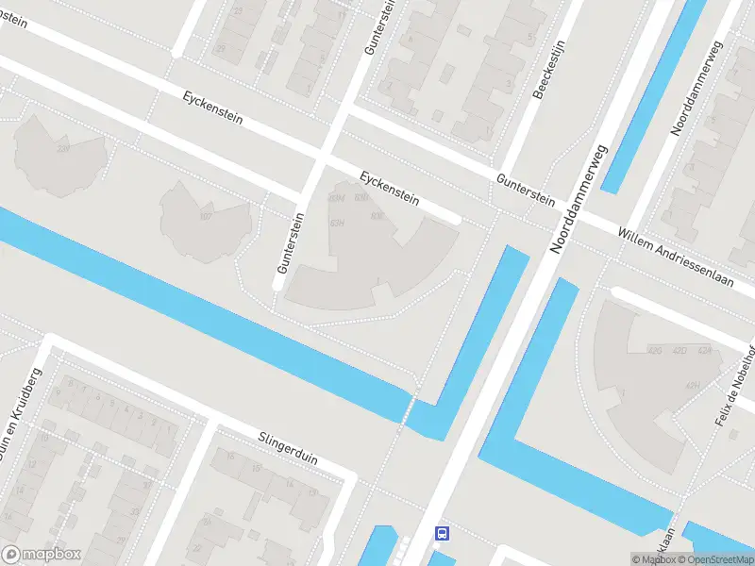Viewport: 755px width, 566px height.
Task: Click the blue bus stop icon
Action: coord(441,533)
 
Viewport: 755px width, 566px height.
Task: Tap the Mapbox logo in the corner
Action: coord(42,555)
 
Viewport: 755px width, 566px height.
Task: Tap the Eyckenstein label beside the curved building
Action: coord(389,186)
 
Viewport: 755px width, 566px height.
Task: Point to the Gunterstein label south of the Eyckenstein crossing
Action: coord(290,242)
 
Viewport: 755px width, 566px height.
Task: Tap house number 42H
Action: coord(693,385)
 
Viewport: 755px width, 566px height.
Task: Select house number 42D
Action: coord(679,350)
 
